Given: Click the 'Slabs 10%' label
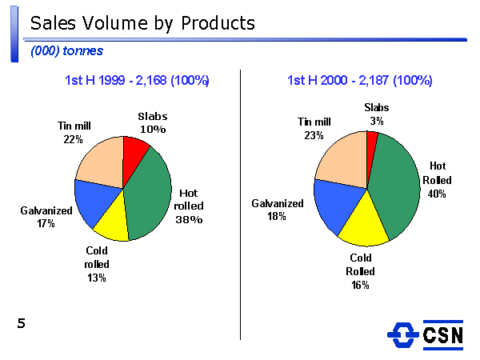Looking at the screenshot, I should coord(152,122).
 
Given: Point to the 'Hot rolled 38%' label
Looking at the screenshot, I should coord(189,206).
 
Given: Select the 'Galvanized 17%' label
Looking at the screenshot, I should coord(46,217).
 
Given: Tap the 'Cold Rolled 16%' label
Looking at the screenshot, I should coord(360,271).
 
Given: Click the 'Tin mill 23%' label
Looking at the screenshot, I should coord(314,129).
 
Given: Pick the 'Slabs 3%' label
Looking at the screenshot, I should coord(377,114).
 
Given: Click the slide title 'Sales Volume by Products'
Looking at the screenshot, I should coord(142,23).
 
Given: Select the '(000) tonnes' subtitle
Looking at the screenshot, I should coord(66,51).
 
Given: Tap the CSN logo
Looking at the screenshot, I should coord(426,334).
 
